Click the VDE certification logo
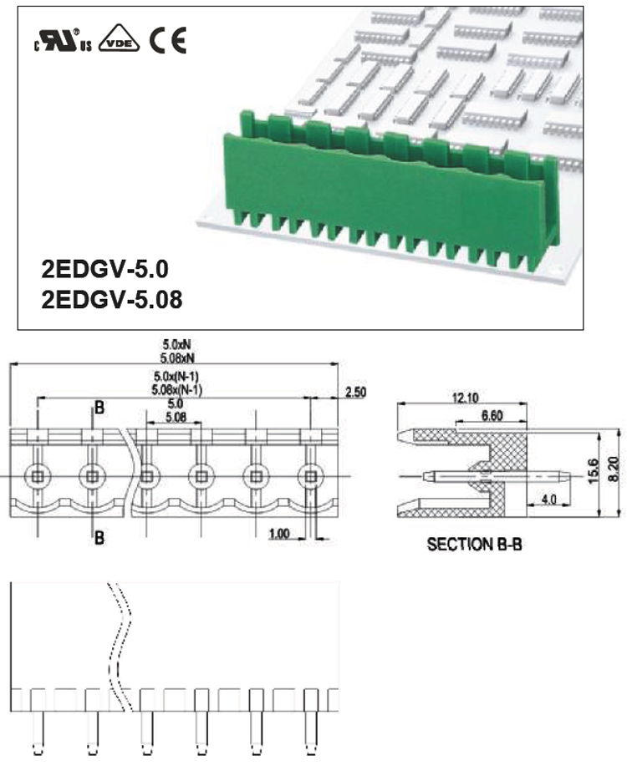coord(119,38)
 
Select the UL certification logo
coord(64,40)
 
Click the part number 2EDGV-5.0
coord(104,269)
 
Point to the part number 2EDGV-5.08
coord(112,299)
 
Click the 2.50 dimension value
coord(355,392)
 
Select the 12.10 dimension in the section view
coord(465,398)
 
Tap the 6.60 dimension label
coord(492,415)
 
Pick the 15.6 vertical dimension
coord(594,471)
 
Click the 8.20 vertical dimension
coord(614,469)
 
